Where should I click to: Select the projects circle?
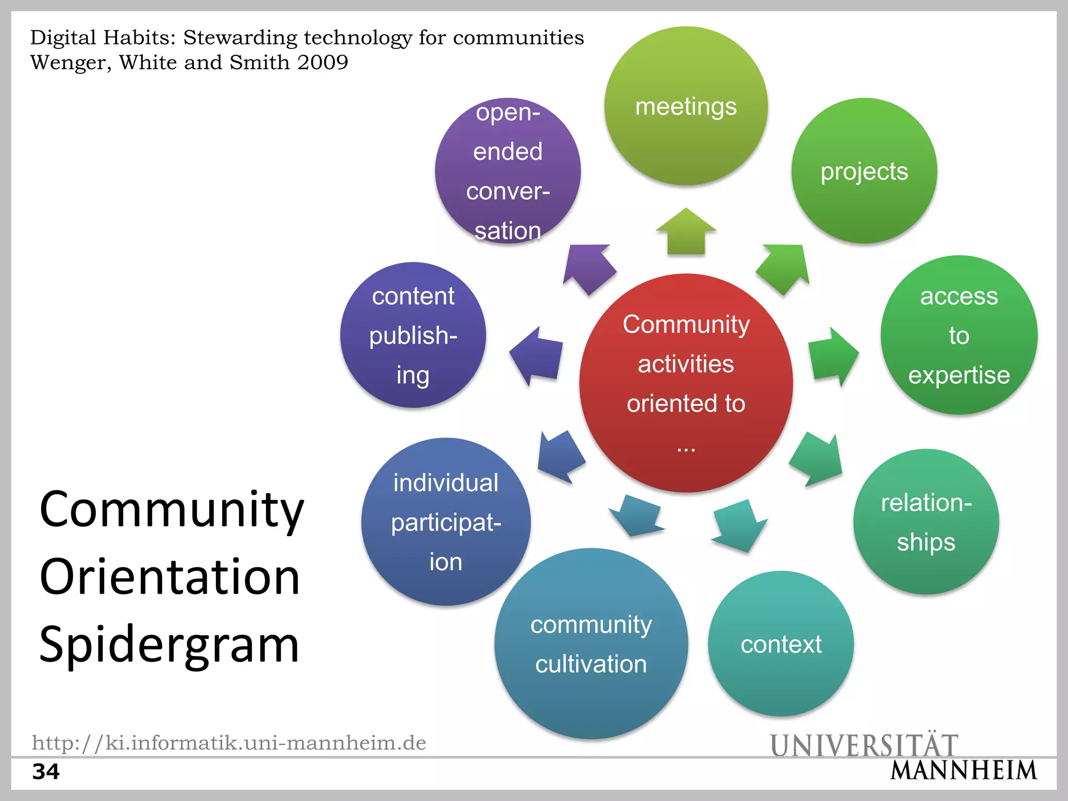click(864, 171)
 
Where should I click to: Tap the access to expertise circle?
click(958, 335)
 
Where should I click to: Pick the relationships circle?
click(926, 522)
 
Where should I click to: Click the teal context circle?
click(781, 644)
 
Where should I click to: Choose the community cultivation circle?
click(591, 644)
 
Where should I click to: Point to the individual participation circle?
click(446, 522)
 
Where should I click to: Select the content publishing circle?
click(413, 335)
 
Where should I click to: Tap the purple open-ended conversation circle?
click(507, 171)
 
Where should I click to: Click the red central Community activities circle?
click(686, 383)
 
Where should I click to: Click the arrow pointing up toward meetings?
click(686, 232)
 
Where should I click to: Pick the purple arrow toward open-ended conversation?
click(588, 267)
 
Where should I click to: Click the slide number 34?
click(46, 771)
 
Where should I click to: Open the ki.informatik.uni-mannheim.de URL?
click(229, 743)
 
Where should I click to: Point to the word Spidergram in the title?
click(169, 645)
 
